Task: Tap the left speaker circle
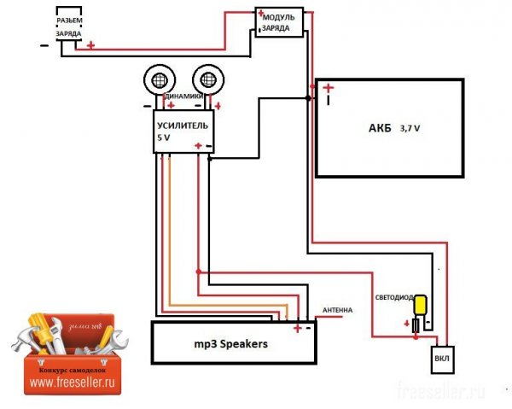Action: [x=158, y=82]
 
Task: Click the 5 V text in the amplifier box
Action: [x=163, y=137]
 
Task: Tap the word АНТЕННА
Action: [x=337, y=310]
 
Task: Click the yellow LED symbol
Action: [x=420, y=306]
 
